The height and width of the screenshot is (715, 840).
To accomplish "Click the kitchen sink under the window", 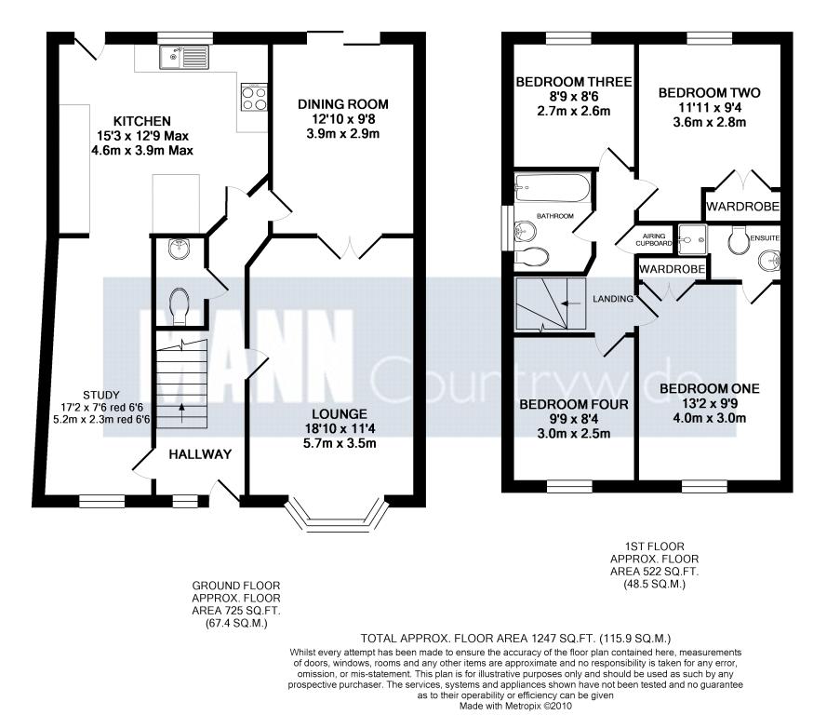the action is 184,57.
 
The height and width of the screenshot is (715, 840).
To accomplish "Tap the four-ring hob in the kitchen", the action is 254,97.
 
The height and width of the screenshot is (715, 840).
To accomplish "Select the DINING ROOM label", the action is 343,104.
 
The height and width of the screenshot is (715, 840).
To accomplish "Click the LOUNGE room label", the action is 340,413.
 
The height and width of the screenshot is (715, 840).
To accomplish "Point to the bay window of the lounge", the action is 337,518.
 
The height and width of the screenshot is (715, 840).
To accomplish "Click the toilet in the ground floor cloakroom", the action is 179,305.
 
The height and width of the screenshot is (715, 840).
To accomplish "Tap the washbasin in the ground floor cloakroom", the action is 178,248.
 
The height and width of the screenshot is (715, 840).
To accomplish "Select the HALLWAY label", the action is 200,454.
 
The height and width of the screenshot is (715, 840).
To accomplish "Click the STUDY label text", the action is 101,395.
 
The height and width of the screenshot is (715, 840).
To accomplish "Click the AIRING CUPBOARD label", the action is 654,239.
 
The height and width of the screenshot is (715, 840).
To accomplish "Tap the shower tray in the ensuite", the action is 692,239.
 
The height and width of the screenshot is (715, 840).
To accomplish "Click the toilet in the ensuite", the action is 739,238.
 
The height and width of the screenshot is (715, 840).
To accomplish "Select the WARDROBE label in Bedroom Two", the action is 742,207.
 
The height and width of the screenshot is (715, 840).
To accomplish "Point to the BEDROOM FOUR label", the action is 573,404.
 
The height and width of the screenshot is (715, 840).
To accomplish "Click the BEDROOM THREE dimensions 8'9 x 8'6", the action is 574,97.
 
